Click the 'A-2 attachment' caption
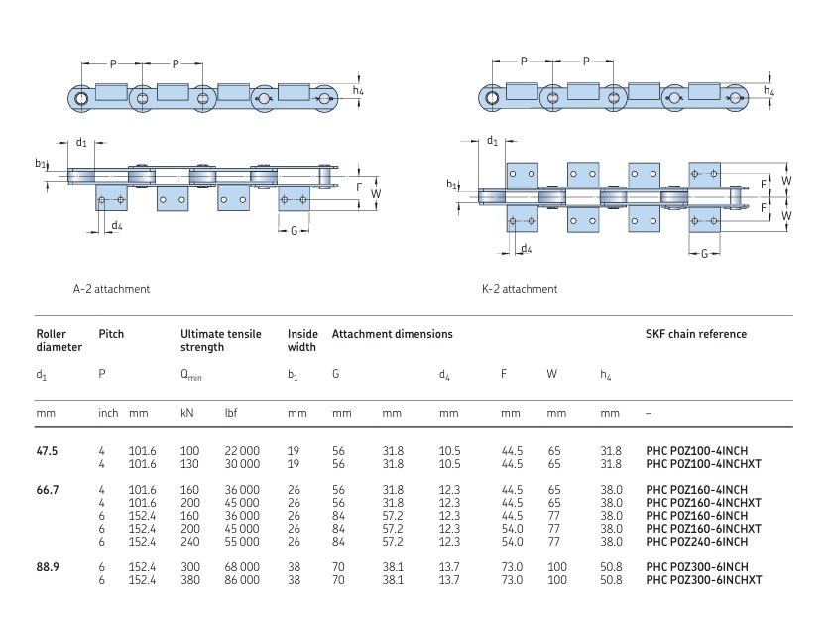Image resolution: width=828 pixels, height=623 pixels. pyautogui.click(x=111, y=289)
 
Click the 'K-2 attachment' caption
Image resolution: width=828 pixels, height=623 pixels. pyautogui.click(x=520, y=289)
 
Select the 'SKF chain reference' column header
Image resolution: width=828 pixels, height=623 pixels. pyautogui.click(x=696, y=334)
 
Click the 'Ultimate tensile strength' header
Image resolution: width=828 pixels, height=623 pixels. pyautogui.click(x=220, y=340)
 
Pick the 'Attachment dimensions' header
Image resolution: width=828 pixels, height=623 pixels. pyautogui.click(x=392, y=334)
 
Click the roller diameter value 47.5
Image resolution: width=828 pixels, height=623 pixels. pyautogui.click(x=47, y=450)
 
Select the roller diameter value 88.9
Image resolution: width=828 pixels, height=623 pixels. pyautogui.click(x=47, y=565)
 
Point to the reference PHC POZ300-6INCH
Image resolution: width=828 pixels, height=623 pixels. pyautogui.click(x=694, y=565)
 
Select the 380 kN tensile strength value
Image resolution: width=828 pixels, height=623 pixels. pyautogui.click(x=189, y=578)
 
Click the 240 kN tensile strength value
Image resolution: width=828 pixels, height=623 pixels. pyautogui.click(x=189, y=541)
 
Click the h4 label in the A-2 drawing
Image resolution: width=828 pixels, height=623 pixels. pyautogui.click(x=358, y=92)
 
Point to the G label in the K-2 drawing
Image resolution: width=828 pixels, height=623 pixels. pyautogui.click(x=704, y=254)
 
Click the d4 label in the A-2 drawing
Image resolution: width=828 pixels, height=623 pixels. pyautogui.click(x=116, y=226)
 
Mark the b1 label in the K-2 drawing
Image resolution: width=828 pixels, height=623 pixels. pyautogui.click(x=451, y=184)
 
